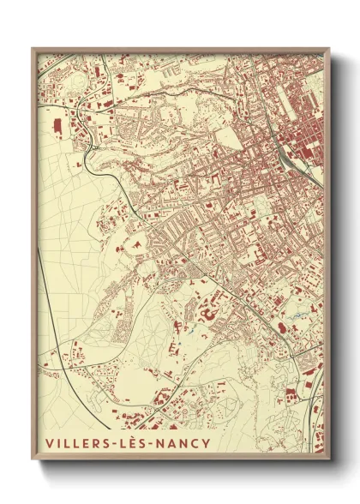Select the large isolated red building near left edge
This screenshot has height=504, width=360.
(x=58, y=126)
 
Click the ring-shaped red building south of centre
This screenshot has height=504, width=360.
(x=205, y=317)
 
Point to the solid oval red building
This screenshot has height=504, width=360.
(x=279, y=327)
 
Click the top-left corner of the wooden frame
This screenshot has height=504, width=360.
(x=33, y=49)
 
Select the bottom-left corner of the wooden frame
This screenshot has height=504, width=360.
(x=33, y=463)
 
